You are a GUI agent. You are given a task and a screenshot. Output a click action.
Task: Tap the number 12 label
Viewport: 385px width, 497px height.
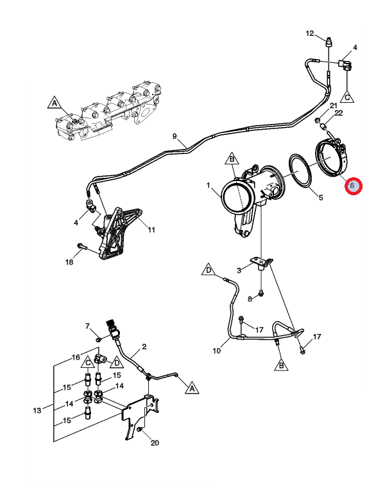[x=310, y=33]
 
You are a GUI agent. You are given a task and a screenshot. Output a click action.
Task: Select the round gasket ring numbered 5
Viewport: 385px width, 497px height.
[x=300, y=171]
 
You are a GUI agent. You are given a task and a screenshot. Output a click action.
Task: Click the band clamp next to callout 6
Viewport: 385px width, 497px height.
[x=331, y=157]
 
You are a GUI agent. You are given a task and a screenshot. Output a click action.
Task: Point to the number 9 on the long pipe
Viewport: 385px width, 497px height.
[x=175, y=136]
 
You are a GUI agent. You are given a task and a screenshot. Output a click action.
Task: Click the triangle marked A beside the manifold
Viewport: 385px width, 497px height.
[x=55, y=103]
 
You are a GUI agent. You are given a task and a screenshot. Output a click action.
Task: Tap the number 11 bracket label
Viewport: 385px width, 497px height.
[x=151, y=229]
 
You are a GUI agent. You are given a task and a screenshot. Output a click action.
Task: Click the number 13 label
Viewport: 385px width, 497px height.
[x=37, y=410]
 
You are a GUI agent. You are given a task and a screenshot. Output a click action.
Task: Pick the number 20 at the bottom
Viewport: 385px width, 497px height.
[x=155, y=442]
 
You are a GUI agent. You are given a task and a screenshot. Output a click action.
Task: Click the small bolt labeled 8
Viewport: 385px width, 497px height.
[x=261, y=295]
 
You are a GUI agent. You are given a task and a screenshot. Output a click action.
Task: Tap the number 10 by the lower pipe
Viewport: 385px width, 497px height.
[x=217, y=351]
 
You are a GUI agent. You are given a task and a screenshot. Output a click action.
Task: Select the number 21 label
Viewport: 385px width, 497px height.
[x=334, y=105]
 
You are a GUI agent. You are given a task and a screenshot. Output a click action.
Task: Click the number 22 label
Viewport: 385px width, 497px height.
[x=338, y=113]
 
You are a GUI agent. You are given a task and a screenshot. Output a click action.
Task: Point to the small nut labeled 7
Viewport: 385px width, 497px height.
[x=98, y=340]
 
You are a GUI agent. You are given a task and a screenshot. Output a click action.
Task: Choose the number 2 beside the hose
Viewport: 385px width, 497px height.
[x=144, y=347]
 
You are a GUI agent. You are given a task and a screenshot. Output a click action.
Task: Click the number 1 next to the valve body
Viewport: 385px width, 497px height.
[x=209, y=185]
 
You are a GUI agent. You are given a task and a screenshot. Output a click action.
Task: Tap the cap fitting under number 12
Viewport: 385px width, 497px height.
[x=330, y=42]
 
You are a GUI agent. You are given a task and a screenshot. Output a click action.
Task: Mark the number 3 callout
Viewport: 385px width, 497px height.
[x=239, y=270]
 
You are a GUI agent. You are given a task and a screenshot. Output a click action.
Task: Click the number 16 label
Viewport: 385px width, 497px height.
[x=76, y=357]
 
